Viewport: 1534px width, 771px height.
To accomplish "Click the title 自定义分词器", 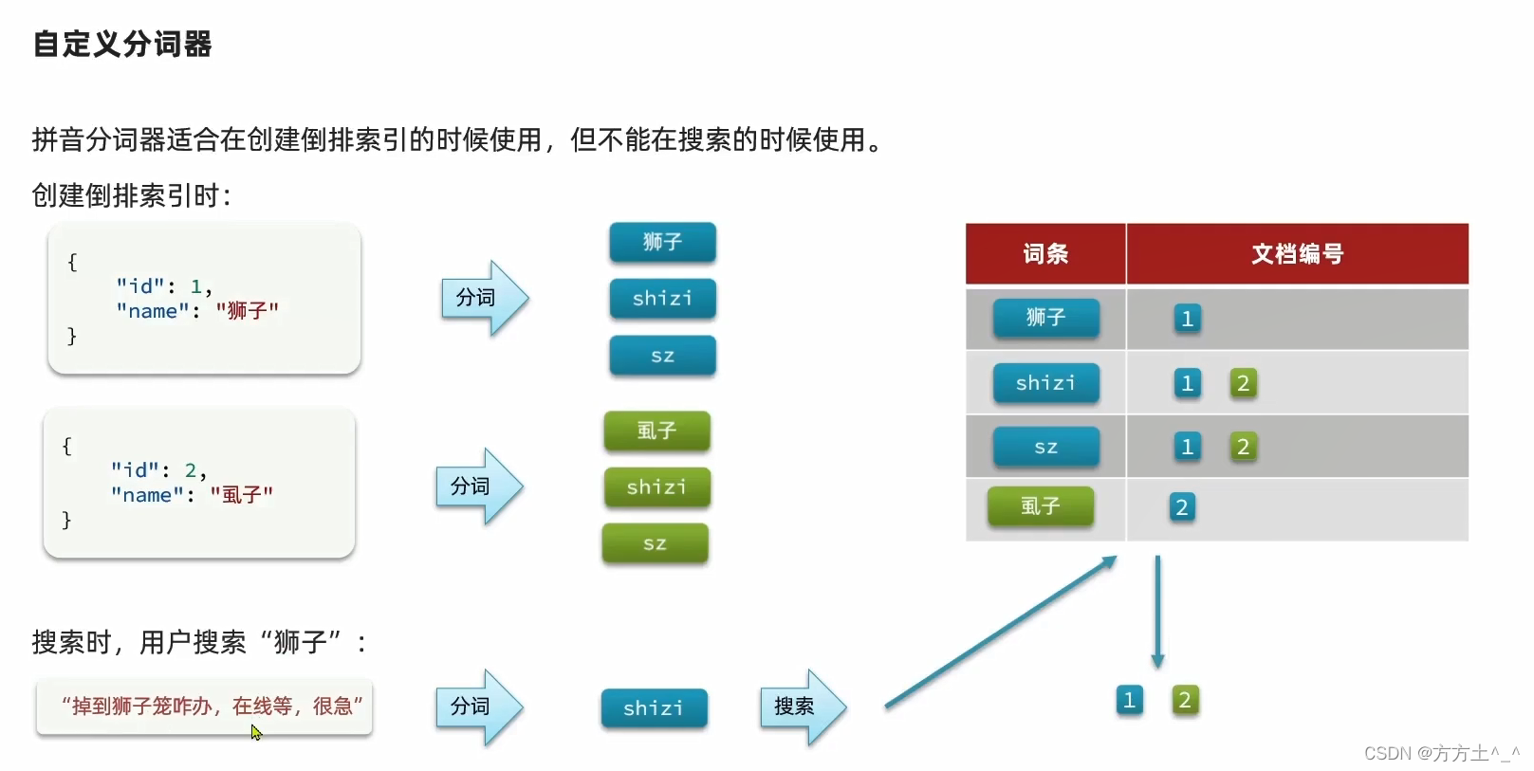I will (x=122, y=44).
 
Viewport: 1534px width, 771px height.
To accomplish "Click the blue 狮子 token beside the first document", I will (x=662, y=242).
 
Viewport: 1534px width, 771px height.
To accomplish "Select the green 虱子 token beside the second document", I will (x=656, y=431).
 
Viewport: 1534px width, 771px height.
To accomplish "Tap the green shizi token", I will (x=656, y=486).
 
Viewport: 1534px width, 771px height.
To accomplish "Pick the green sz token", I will (x=655, y=543).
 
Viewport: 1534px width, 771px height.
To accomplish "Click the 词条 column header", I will (x=1045, y=253).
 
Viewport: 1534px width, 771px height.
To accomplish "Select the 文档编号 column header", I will (x=1297, y=253).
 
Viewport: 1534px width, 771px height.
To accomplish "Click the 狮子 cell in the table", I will (x=1045, y=318).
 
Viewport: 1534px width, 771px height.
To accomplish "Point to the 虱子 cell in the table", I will (x=1040, y=506).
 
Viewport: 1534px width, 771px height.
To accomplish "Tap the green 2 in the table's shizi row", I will (x=1243, y=383).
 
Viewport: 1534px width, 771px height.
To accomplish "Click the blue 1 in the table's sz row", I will (x=1187, y=447).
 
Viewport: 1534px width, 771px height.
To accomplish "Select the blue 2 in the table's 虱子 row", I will (x=1182, y=507).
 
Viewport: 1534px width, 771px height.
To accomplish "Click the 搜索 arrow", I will (x=802, y=707).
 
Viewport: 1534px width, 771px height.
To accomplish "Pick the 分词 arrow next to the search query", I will (x=478, y=707).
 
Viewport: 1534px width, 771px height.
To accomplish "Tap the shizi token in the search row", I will (x=654, y=708).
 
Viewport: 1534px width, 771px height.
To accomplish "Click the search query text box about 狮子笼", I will (x=205, y=707).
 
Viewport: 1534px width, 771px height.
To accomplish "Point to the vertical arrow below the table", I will (x=1157, y=612).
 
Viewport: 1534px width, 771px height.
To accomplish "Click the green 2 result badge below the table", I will (x=1184, y=701).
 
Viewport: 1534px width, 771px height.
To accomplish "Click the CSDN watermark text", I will (x=1440, y=753).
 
